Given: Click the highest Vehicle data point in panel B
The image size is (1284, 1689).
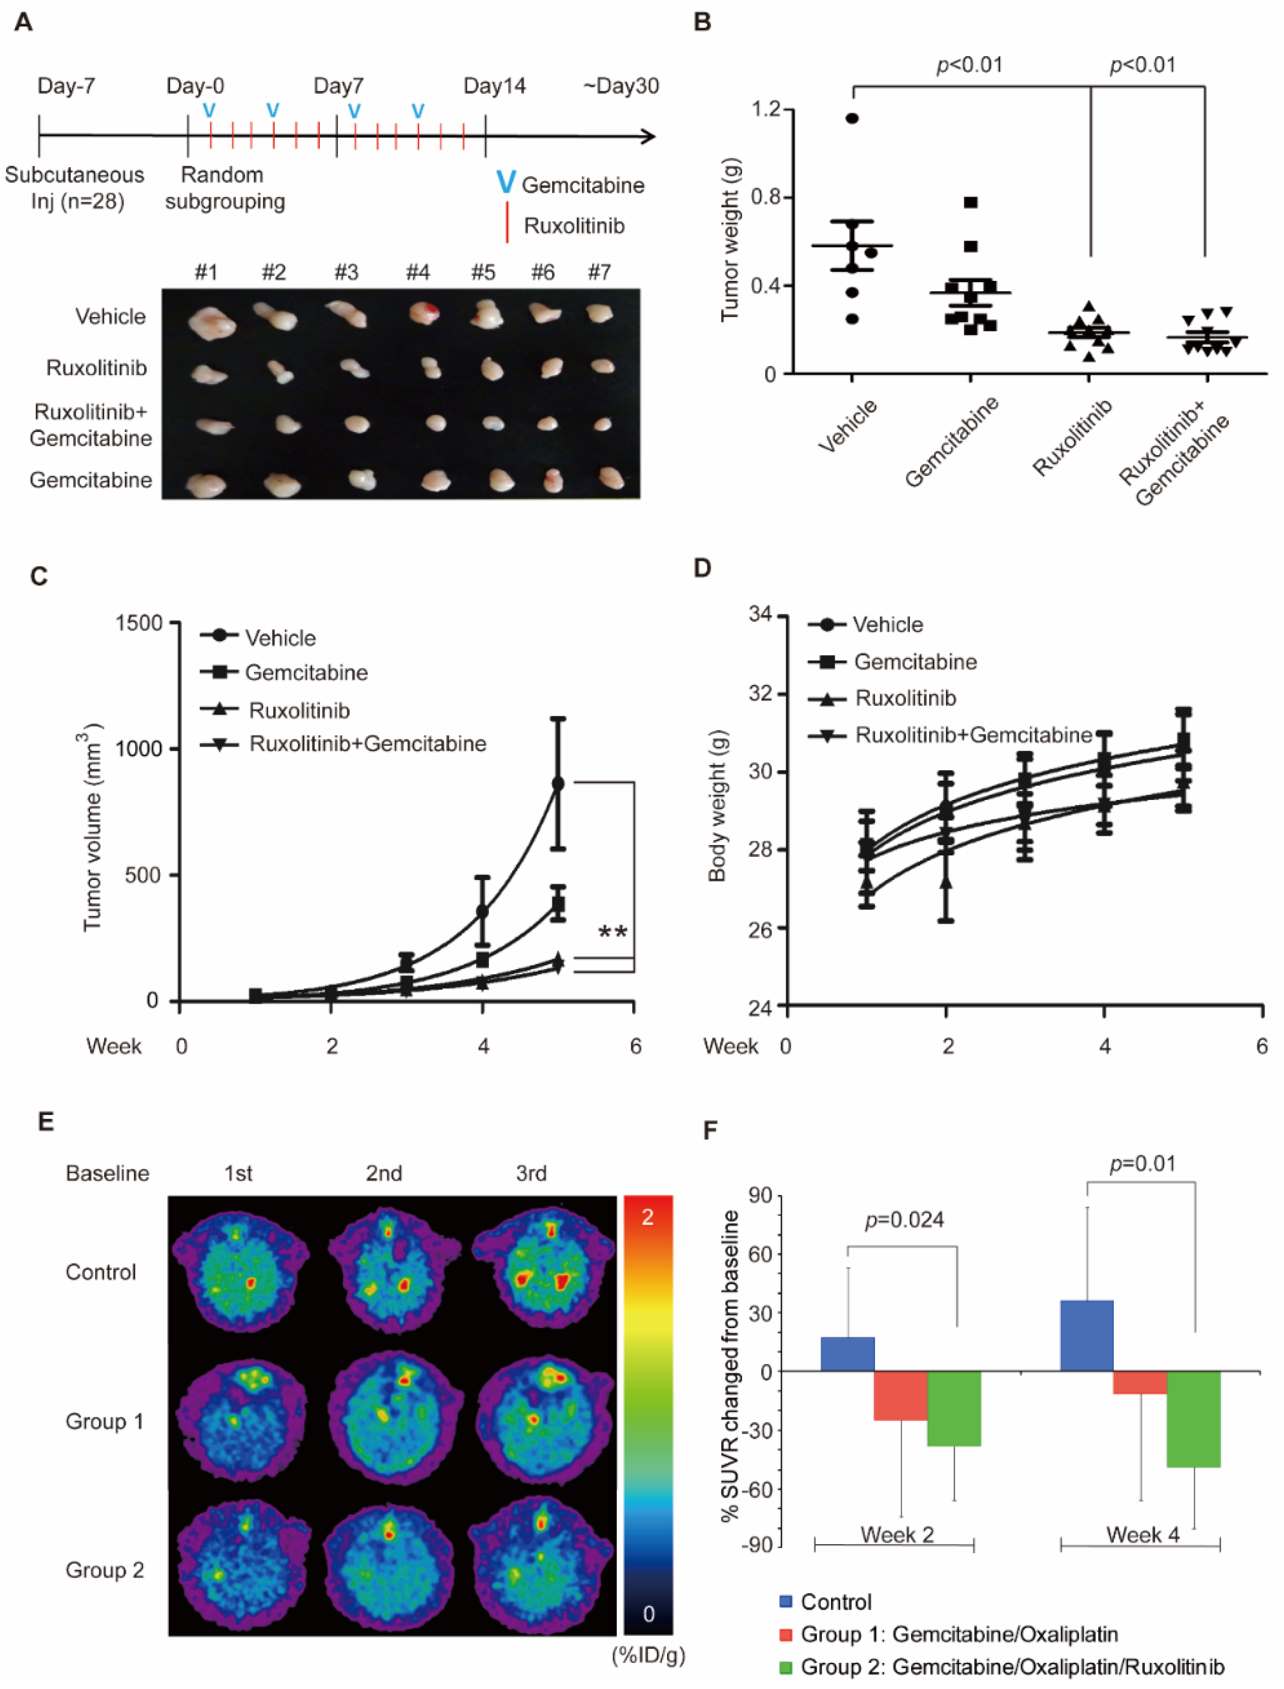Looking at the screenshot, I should pos(852,118).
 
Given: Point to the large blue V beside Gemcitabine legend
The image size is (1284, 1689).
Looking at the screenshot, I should pos(505,182).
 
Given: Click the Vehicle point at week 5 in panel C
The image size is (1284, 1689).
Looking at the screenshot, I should pos(558,784).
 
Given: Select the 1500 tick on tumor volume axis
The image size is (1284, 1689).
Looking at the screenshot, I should pos(139,623).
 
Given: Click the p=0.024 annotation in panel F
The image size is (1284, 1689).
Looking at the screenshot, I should pos(904,1220).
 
